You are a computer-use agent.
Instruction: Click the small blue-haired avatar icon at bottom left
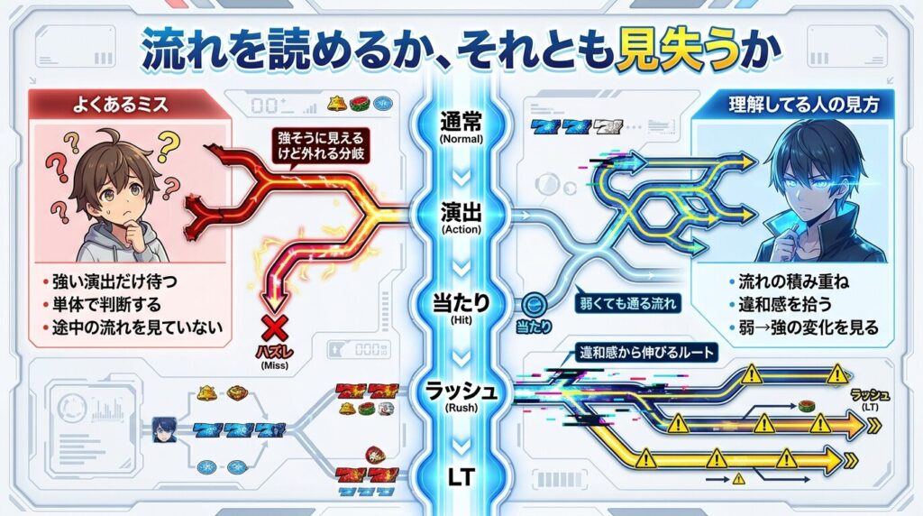[163, 426]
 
